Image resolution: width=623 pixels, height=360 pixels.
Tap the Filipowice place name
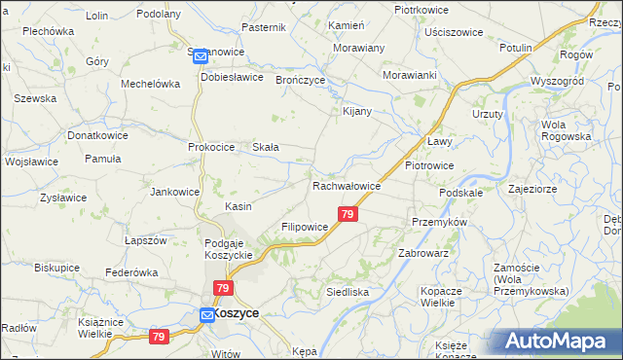coord(305,227)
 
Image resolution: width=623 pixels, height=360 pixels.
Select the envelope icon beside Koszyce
coord(206,314)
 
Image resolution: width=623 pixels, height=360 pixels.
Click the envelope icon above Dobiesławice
coord(201,56)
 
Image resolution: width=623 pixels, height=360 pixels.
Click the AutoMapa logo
coord(556,342)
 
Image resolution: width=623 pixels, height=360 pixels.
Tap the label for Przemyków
coord(440,222)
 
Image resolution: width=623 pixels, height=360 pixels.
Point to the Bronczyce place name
coord(301,80)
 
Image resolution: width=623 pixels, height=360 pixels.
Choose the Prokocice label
coord(211,147)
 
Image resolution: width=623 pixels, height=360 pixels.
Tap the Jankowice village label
coord(174,192)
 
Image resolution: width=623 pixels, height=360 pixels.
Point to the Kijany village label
coord(358,111)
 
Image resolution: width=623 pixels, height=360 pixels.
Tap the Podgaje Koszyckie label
coord(229,248)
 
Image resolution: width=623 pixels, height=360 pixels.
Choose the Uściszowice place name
coord(454,32)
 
